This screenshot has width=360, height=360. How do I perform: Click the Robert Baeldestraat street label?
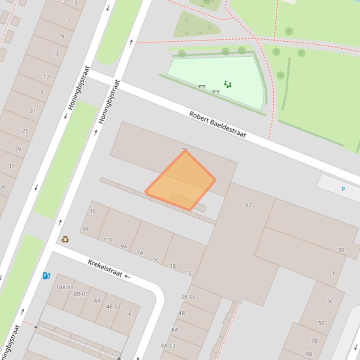point(218,124)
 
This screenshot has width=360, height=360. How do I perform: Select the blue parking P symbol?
point(343,189)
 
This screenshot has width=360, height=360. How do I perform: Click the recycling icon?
point(65,239)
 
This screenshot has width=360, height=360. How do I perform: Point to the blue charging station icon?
point(46,275)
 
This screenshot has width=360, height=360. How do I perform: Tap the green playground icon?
point(228,84)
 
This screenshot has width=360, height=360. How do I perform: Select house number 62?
point(248,205)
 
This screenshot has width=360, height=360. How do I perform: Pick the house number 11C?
point(108,240)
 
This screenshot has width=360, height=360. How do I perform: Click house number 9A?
point(124,246)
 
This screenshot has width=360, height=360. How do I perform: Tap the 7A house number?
point(140,253)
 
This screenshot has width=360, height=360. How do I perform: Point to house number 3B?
point(172,266)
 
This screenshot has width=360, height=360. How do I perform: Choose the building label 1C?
point(188,273)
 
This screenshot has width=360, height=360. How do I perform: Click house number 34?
point(85,229)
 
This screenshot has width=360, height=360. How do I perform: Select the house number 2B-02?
point(188,296)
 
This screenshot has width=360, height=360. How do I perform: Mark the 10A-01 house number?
point(65,288)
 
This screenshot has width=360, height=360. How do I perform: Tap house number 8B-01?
point(81,294)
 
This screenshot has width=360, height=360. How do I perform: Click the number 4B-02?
point(113,307)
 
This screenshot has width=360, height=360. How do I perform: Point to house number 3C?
point(330,301)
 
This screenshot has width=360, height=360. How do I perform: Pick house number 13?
point(56,54)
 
